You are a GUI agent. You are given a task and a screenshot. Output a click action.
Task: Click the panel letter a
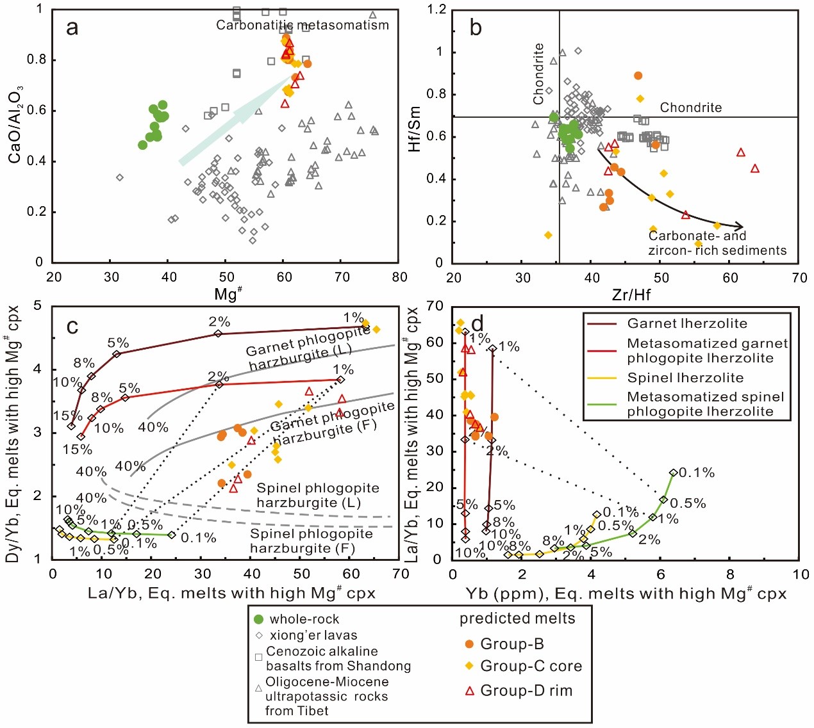click(x=72, y=28)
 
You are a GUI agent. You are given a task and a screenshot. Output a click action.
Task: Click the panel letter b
click(x=476, y=28)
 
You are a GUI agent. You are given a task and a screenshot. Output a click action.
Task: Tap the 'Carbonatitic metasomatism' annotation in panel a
click(x=302, y=26)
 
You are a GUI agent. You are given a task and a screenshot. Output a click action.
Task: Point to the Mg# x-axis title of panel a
click(x=228, y=294)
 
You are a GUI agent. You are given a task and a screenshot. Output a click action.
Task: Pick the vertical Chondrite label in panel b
click(x=538, y=74)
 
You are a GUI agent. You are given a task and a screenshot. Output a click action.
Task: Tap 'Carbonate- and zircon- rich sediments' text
click(x=717, y=243)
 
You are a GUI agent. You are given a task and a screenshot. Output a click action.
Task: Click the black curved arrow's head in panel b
click(x=740, y=226)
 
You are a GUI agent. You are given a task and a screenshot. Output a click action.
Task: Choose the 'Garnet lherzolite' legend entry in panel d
click(x=687, y=324)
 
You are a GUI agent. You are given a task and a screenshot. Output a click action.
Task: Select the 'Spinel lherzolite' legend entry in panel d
click(x=685, y=378)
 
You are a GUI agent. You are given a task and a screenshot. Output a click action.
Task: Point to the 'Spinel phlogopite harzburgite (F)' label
click(x=311, y=541)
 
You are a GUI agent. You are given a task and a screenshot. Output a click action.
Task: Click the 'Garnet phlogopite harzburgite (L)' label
click(x=308, y=348)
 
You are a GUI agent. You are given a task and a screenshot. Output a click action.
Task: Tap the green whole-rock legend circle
click(x=259, y=619)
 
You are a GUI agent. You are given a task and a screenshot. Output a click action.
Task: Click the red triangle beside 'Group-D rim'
click(x=469, y=691)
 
